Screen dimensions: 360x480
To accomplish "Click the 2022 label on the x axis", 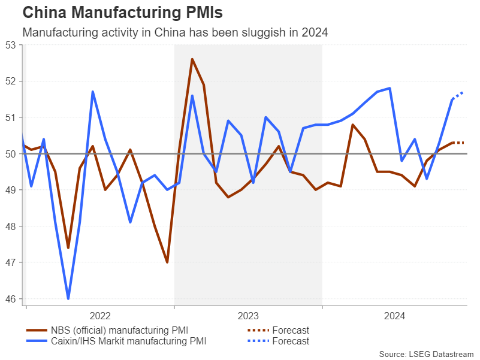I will coord(99,316).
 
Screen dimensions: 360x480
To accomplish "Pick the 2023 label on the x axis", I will coord(247,316).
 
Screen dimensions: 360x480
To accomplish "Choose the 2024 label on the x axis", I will coord(395,316).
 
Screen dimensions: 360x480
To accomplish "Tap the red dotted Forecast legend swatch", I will coord(258,330).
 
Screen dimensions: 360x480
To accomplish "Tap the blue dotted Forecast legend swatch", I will coord(258,341).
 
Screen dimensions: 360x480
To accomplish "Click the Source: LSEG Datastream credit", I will coord(426,354).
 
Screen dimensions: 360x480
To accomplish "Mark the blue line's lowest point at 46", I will coord(68,298).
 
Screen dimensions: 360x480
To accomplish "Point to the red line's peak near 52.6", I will coord(192,59).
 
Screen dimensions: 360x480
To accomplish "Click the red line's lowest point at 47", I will coord(167,262).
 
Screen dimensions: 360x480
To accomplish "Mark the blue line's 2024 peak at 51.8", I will coord(390,88).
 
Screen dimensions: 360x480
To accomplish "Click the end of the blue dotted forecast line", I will coord(464,92).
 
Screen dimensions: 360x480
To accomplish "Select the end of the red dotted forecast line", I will coord(464,143).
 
